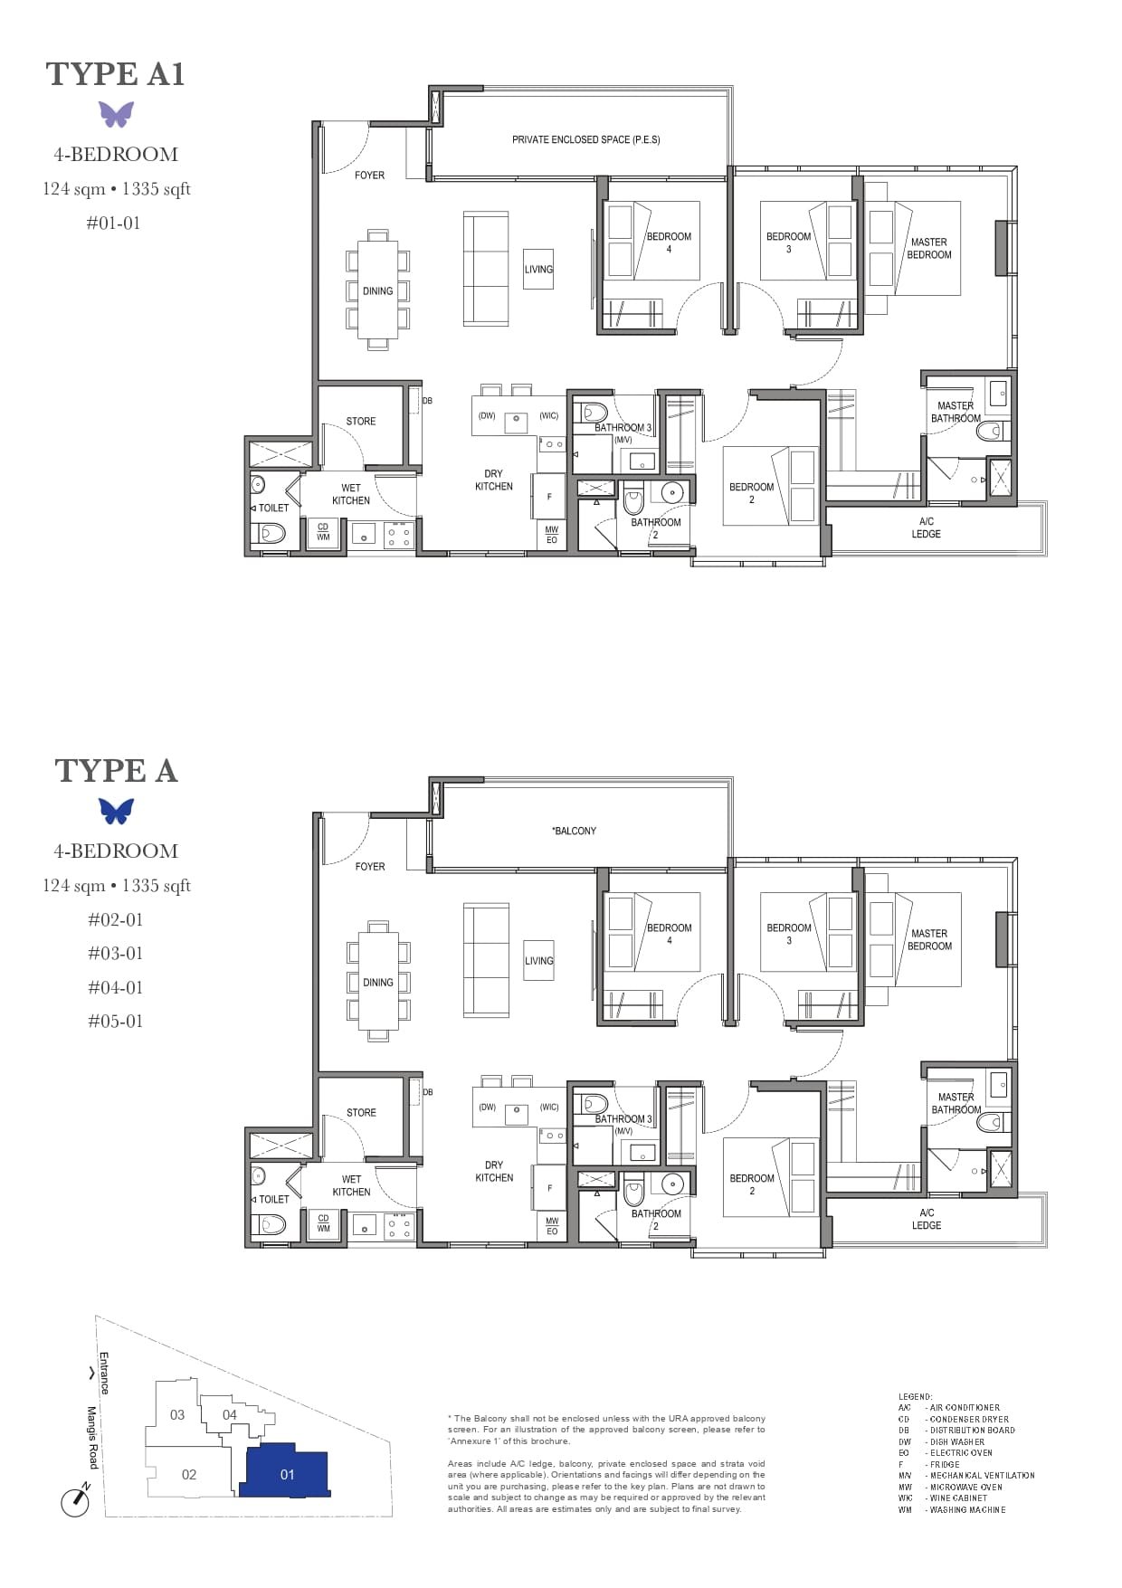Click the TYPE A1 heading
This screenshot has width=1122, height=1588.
coord(115,74)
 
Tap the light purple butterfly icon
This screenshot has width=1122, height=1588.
coord(116,114)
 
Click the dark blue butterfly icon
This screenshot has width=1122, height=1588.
coord(116,811)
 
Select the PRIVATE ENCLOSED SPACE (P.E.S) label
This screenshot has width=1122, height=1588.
coord(585,139)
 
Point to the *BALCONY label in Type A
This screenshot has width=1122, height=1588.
coord(574,831)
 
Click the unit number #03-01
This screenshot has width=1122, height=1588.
coord(115,953)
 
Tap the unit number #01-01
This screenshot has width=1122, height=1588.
coord(113,223)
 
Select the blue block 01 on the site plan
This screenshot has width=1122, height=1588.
coord(286,1474)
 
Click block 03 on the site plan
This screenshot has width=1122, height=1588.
coord(177,1414)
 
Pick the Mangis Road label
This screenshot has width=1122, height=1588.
coord(92,1438)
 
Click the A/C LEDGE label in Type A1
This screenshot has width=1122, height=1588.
coord(926,528)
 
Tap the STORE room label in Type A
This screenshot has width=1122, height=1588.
coord(360,1112)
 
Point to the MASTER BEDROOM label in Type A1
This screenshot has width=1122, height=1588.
coord(929,248)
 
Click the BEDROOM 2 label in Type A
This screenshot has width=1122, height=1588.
coord(751,1184)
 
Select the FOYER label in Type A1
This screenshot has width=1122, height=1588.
coord(369,175)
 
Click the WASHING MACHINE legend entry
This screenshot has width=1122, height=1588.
coord(965,1509)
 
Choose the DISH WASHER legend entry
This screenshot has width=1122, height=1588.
coord(956,1441)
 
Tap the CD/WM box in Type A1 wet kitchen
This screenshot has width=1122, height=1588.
coord(323,532)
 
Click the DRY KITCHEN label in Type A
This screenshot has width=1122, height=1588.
coord(493,1171)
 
